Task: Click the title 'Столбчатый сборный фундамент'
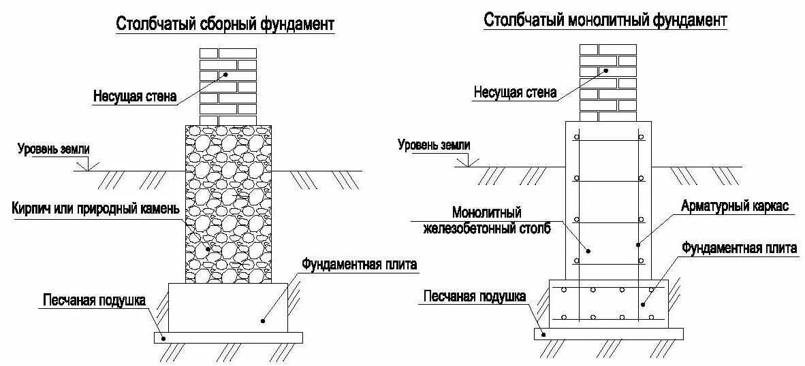coord(225,24)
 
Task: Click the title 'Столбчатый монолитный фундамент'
coord(605,20)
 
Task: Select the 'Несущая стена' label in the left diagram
coord(135,97)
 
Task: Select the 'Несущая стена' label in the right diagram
coord(515,93)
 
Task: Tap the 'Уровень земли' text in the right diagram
coord(434,144)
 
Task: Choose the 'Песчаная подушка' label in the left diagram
coord(94,300)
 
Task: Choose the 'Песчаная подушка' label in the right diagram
coord(474,296)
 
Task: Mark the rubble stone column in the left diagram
coord(228,204)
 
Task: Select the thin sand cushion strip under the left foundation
coord(228,337)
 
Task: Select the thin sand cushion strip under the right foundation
coord(608,333)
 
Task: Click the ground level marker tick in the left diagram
coord(84,165)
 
